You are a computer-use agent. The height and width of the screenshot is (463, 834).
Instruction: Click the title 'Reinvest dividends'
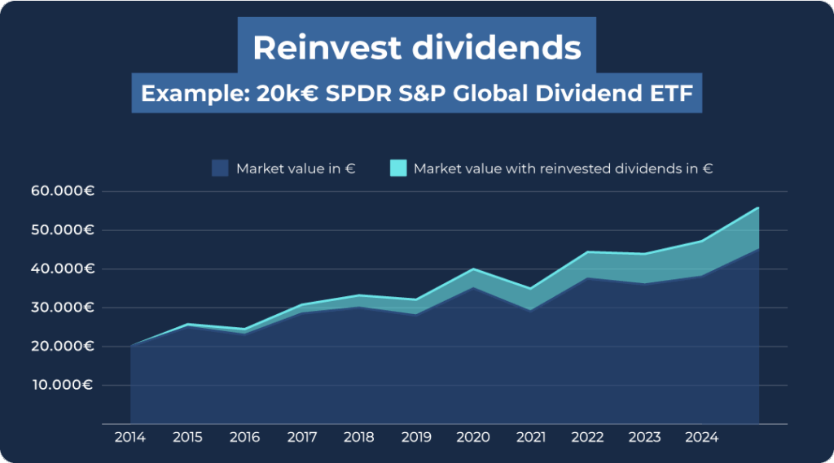pyautogui.click(x=416, y=48)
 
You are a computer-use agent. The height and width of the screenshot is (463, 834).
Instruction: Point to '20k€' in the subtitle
pyautogui.click(x=288, y=94)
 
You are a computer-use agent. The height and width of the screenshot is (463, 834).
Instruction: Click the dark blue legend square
pyautogui.click(x=220, y=168)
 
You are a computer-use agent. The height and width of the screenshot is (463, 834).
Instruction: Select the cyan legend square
pyautogui.click(x=397, y=168)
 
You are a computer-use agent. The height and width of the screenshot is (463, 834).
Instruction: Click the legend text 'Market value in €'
pyautogui.click(x=296, y=168)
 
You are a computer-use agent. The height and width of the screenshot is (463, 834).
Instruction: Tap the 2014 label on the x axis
pyautogui.click(x=130, y=437)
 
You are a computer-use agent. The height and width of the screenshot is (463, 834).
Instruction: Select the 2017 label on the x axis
pyautogui.click(x=301, y=437)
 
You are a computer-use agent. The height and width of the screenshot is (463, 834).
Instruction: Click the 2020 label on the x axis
pyautogui.click(x=472, y=437)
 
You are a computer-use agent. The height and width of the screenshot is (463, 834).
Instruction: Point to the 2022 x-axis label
pyautogui.click(x=587, y=437)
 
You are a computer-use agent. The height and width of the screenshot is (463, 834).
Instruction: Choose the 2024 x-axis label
pyautogui.click(x=701, y=437)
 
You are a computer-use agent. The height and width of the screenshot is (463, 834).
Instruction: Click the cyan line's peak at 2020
pyautogui.click(x=473, y=269)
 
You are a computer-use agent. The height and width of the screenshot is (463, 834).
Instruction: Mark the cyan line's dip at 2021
pyautogui.click(x=530, y=288)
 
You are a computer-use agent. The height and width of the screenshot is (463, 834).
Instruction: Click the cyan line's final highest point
pyautogui.click(x=758, y=207)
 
